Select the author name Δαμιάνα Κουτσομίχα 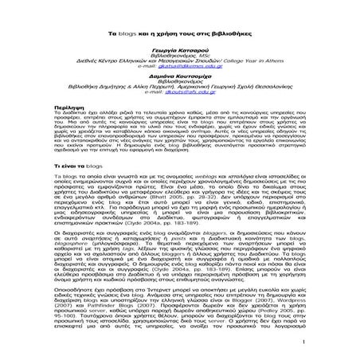(178, 72)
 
